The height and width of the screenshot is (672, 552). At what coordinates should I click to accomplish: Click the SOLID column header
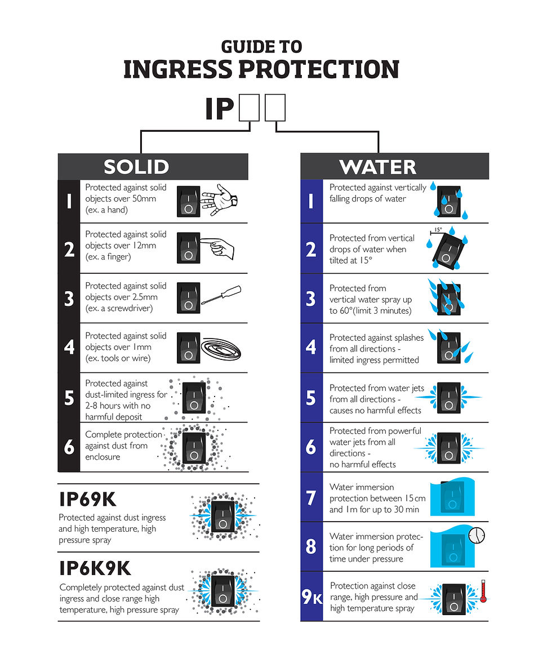(x=136, y=167)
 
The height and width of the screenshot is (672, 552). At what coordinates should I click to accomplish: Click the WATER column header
(x=377, y=167)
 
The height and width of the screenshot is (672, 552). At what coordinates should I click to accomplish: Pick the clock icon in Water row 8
(x=477, y=536)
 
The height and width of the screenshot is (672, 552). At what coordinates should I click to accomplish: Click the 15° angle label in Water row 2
(x=438, y=230)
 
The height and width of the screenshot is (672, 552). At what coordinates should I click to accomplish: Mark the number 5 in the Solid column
(x=69, y=398)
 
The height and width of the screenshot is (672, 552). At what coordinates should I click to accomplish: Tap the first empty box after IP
(x=249, y=109)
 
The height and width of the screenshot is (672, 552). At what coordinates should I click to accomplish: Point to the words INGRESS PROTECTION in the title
(x=261, y=70)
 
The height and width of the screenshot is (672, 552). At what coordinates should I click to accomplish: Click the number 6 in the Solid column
(x=69, y=447)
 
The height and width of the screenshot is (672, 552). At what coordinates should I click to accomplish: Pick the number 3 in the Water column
(x=311, y=299)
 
